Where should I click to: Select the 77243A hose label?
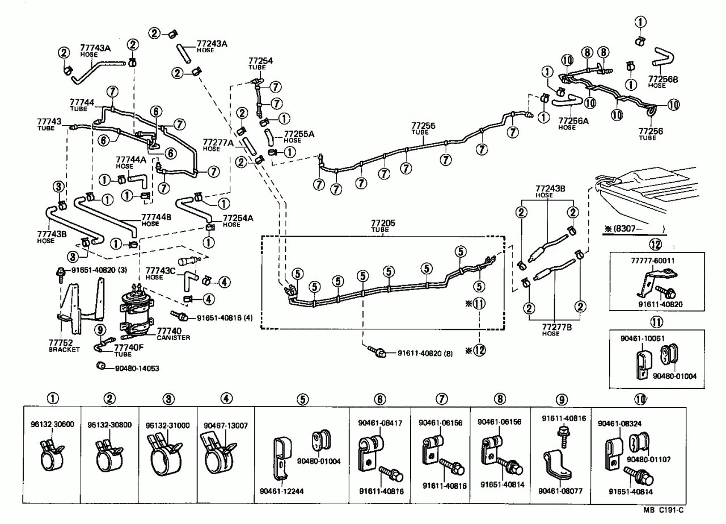tap(212, 44)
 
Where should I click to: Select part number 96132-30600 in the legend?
tap(51, 425)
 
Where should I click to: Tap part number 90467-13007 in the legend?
tap(225, 425)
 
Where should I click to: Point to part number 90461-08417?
tap(378, 422)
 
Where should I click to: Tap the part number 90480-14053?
tap(137, 368)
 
